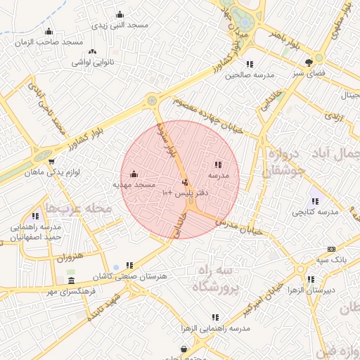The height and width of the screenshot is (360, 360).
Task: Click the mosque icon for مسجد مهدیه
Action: [x=134, y=174]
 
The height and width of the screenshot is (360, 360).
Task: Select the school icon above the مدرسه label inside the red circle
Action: [x=217, y=164]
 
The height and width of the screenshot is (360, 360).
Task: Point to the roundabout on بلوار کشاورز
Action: [x=153, y=101]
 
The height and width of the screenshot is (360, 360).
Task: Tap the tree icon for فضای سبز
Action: [x=309, y=63]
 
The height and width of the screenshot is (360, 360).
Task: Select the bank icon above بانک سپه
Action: [x=332, y=249]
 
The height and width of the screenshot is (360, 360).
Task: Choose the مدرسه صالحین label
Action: [x=249, y=75]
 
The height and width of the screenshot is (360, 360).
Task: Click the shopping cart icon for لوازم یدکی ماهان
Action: [x=51, y=161]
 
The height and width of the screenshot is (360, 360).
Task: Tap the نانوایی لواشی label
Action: [x=93, y=62]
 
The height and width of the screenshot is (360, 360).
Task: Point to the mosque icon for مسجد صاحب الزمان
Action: [x=49, y=31]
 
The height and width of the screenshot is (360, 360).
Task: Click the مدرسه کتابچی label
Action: [x=316, y=211]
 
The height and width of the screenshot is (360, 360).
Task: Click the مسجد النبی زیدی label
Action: [x=120, y=25]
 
